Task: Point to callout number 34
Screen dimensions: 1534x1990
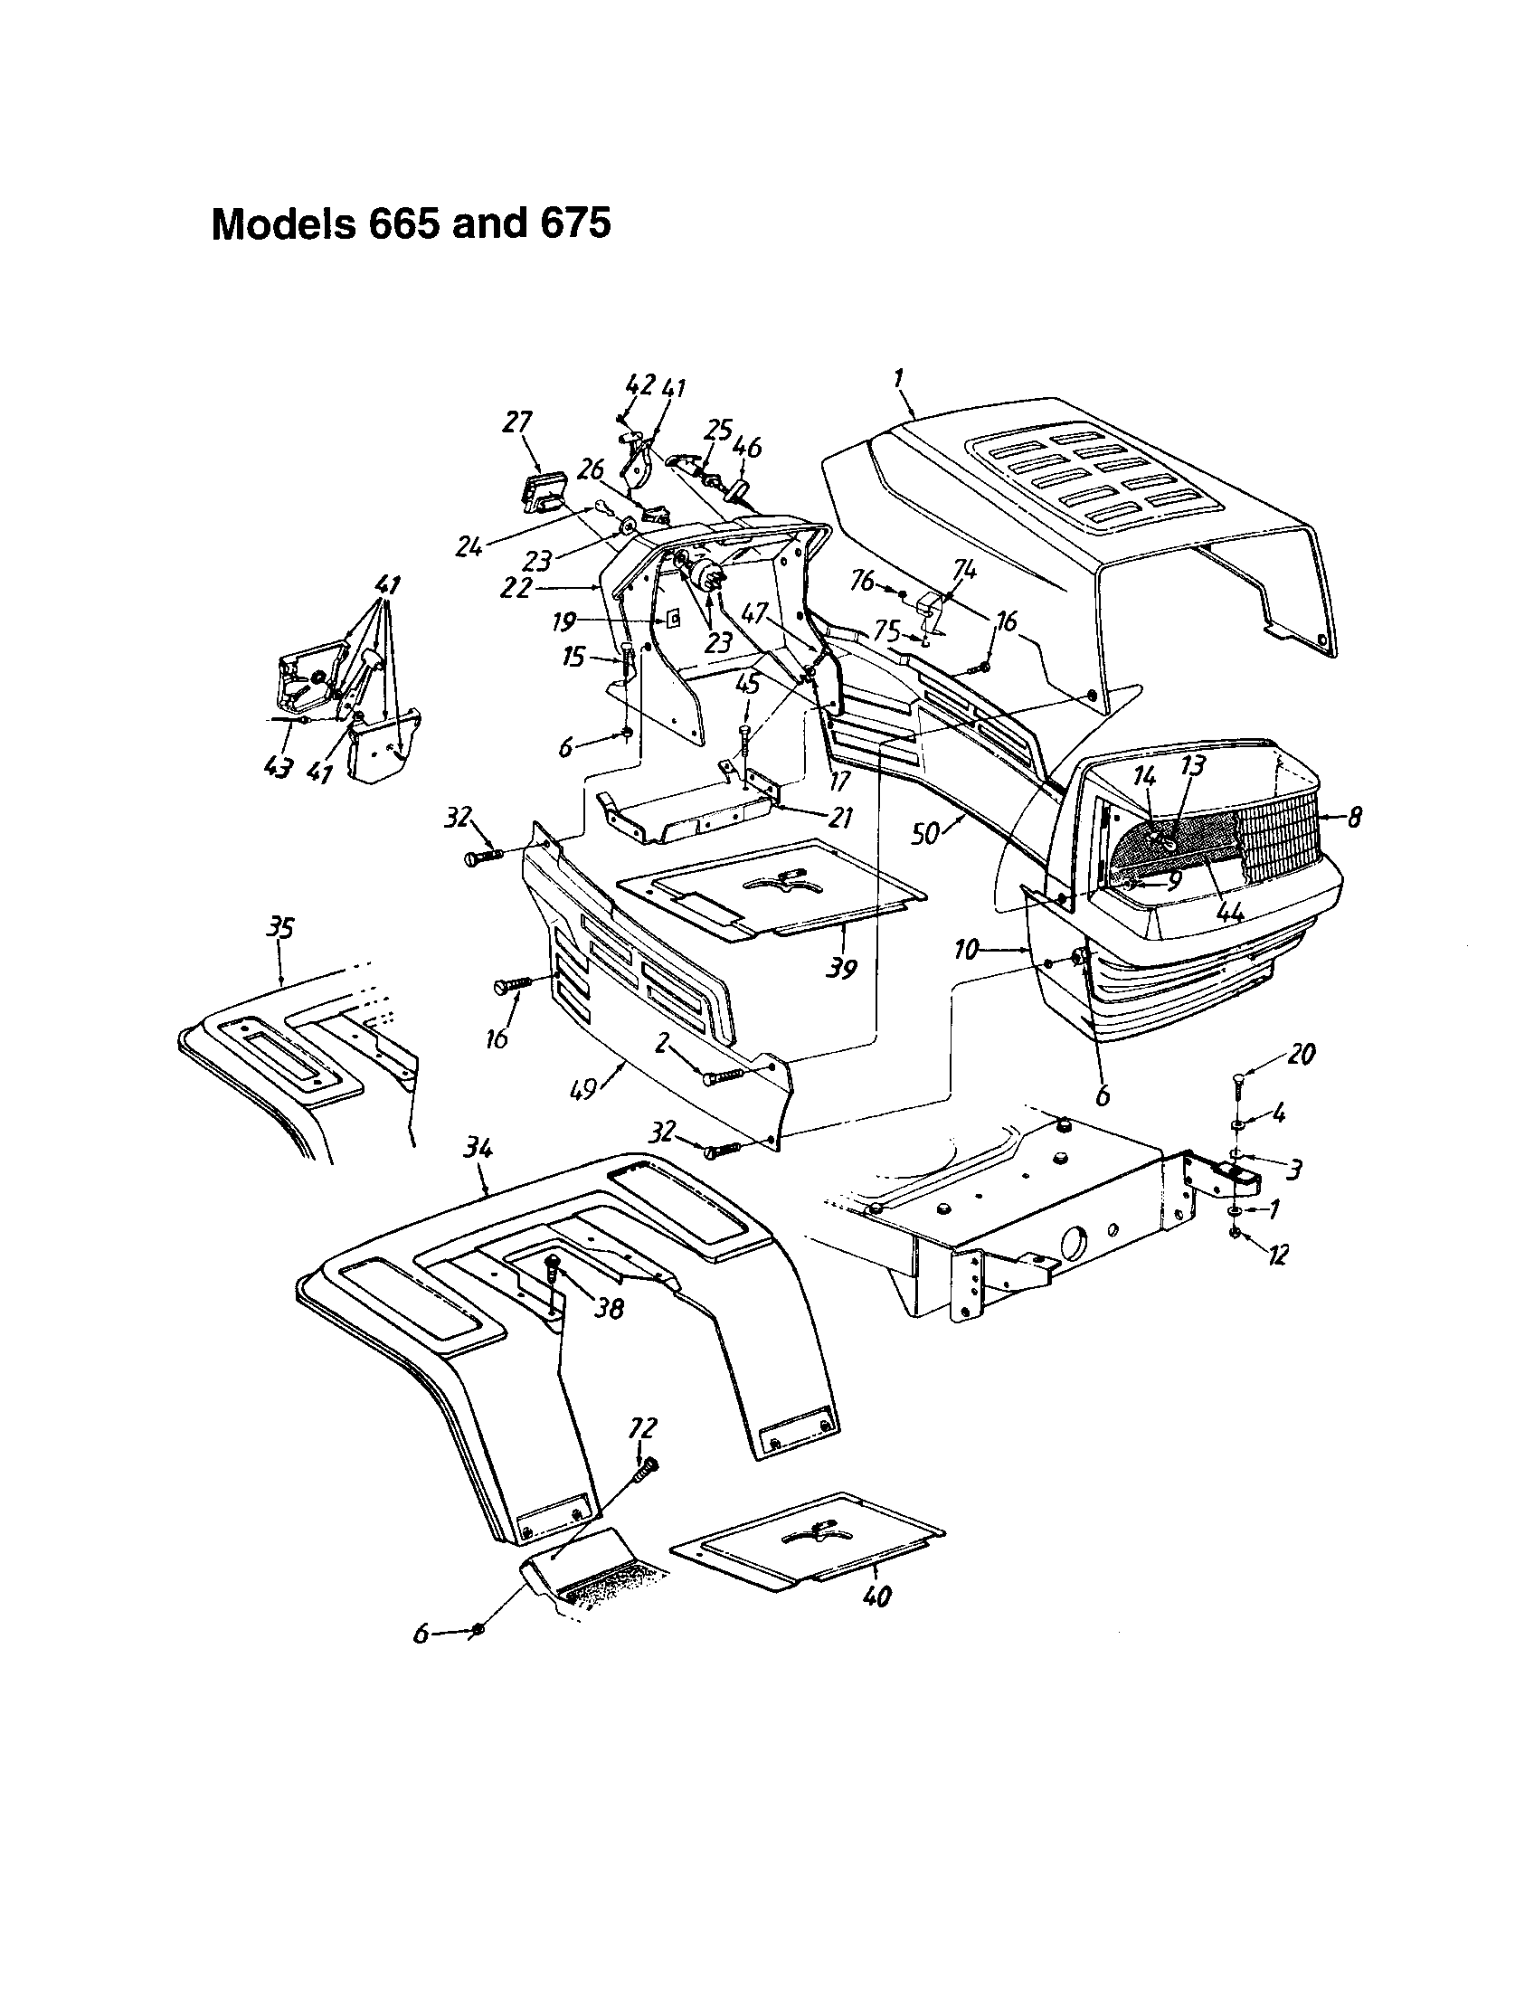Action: coord(478,1151)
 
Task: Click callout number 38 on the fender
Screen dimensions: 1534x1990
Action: coord(609,1309)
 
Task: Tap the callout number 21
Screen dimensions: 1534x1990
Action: coord(839,818)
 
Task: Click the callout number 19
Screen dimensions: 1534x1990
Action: coord(563,622)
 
